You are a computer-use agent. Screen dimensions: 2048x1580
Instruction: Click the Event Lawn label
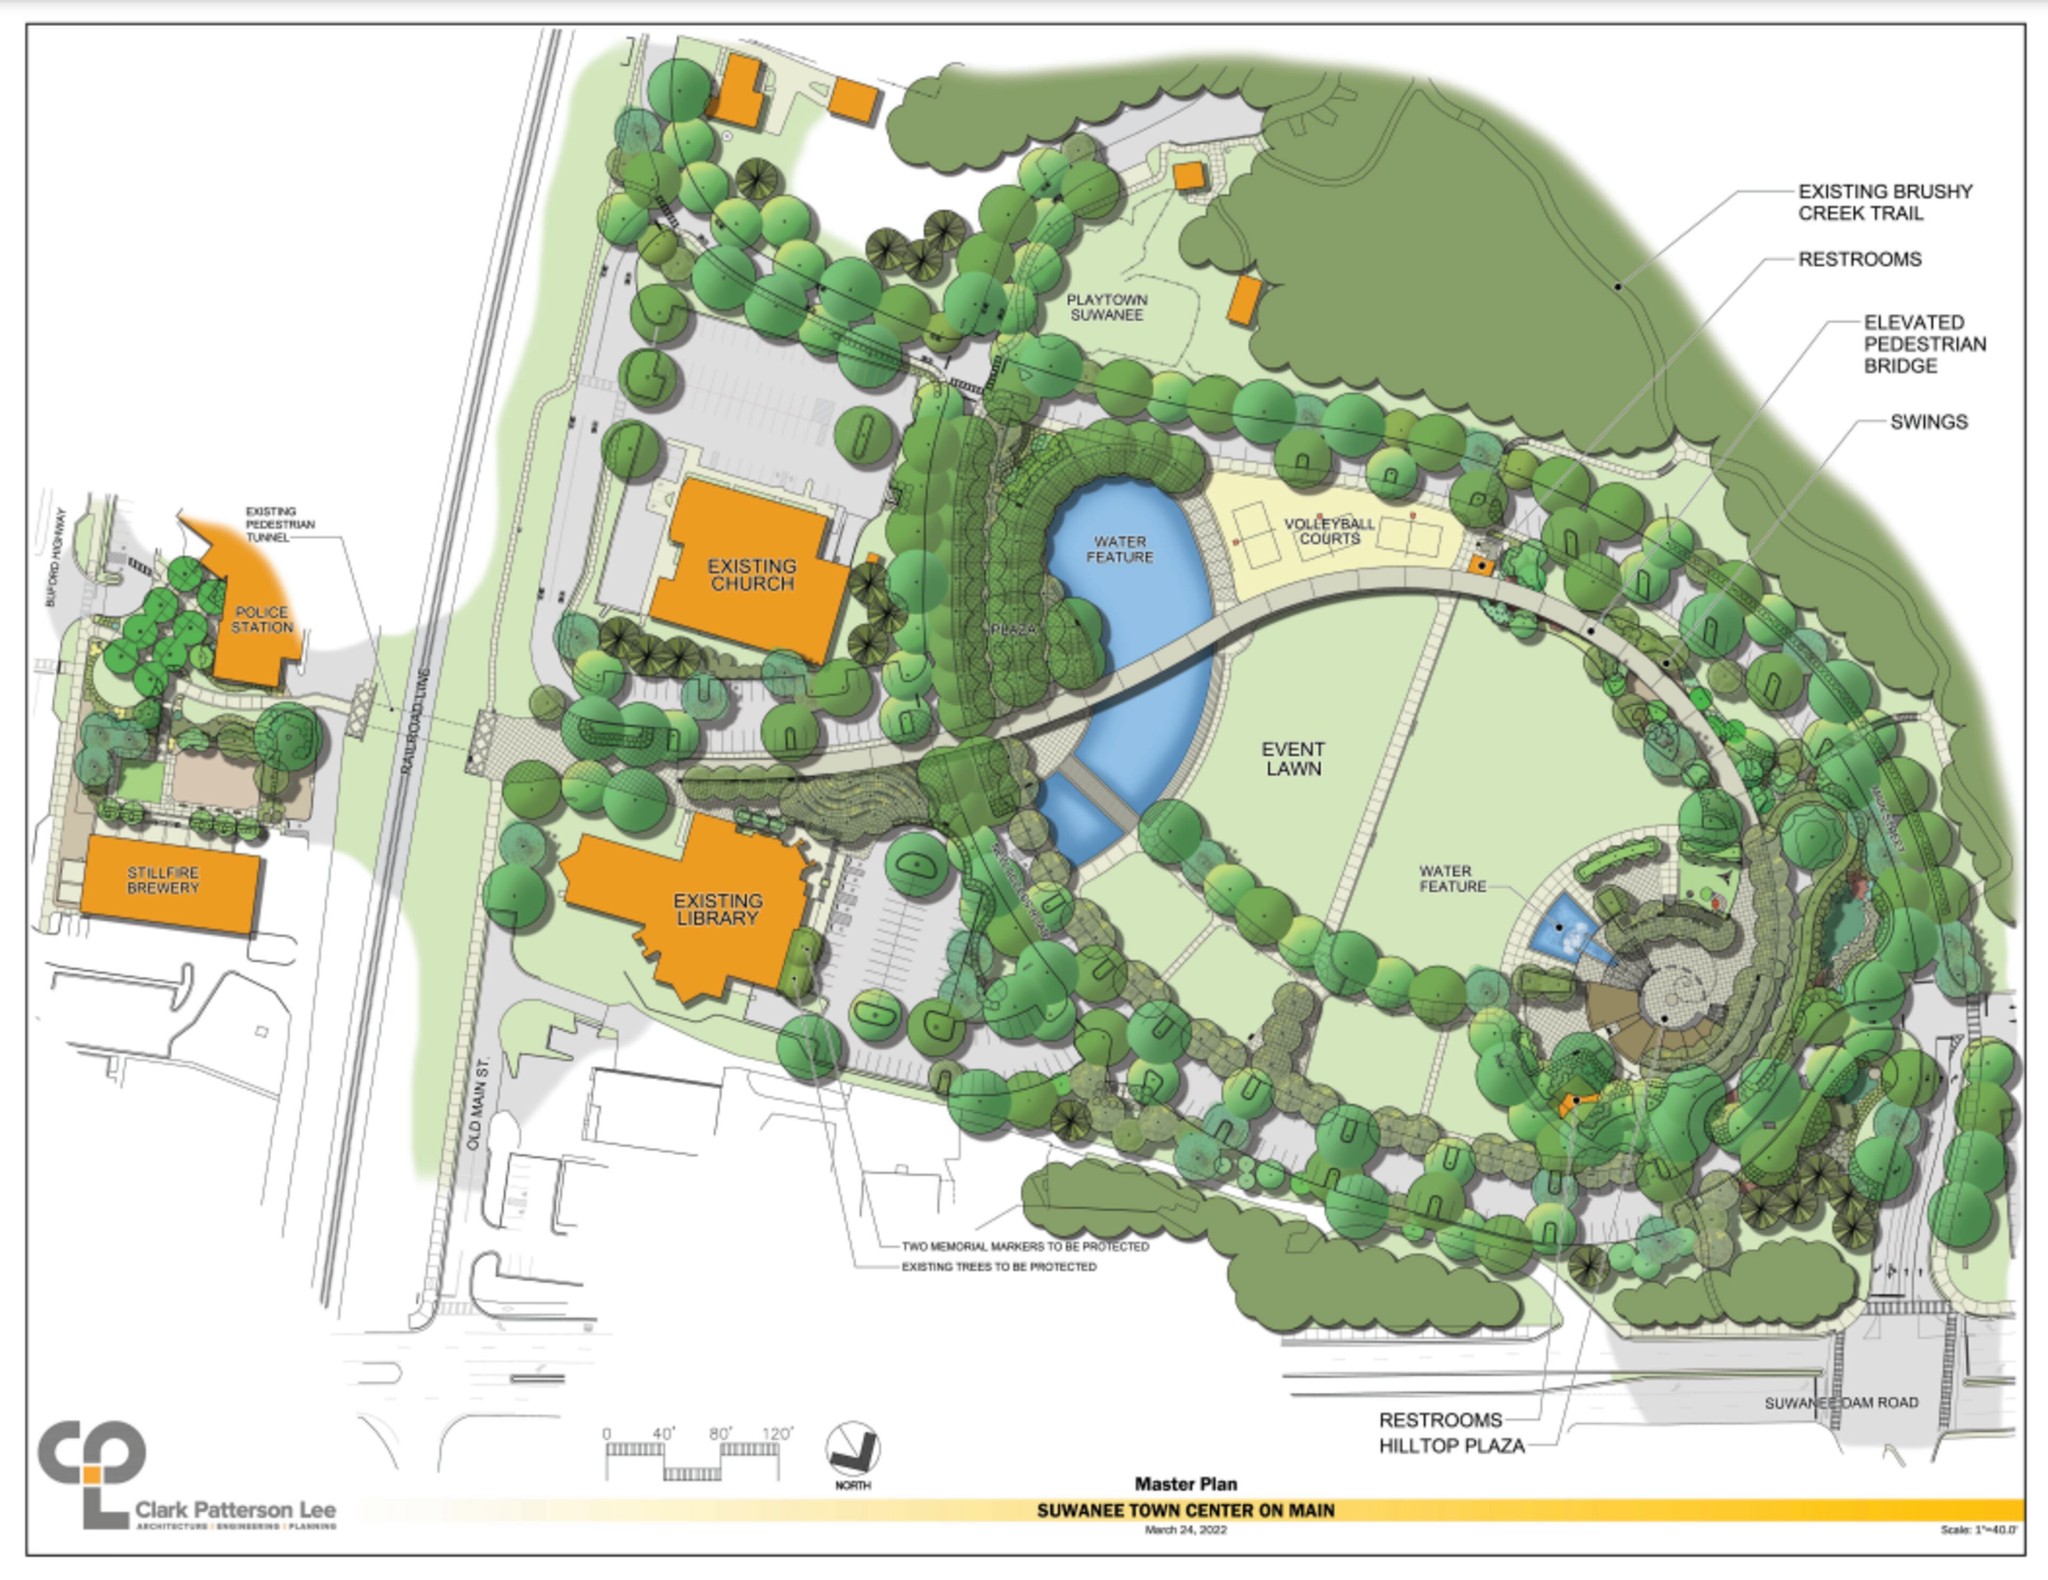pyautogui.click(x=1293, y=759)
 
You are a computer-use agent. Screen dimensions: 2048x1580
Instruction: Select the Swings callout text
pyautogui.click(x=1928, y=422)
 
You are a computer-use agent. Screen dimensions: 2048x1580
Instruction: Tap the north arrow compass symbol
pyautogui.click(x=852, y=1449)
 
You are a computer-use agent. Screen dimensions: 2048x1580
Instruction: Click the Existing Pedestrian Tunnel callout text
pyautogui.click(x=279, y=524)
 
